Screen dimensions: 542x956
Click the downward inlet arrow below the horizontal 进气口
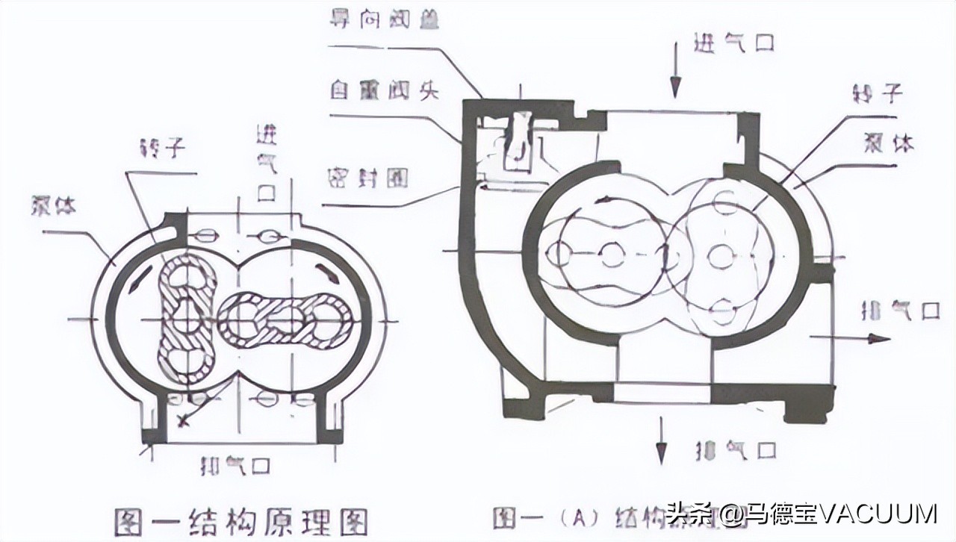click(674, 78)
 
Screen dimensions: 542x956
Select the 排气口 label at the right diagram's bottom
click(736, 450)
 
